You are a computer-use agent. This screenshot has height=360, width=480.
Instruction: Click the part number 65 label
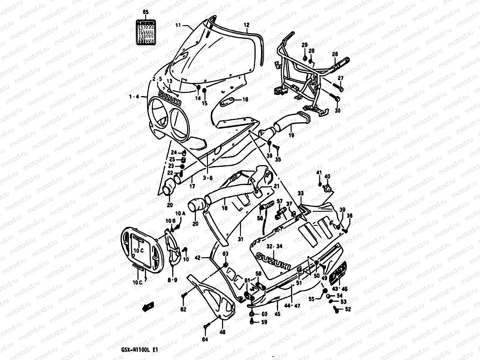(145, 12)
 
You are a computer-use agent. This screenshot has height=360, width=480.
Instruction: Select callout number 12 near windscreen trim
(246, 25)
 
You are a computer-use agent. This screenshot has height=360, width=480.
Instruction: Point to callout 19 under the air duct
(291, 135)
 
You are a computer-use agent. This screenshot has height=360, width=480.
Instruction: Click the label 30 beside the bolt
(337, 110)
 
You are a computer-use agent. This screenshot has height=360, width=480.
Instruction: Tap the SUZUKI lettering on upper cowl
(170, 97)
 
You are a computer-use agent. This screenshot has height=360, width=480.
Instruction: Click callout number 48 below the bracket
(222, 332)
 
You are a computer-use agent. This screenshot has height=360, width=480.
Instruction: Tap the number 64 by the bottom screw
(205, 340)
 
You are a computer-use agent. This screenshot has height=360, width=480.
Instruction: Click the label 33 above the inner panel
(301, 193)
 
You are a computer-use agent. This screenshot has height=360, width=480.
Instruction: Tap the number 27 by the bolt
(340, 78)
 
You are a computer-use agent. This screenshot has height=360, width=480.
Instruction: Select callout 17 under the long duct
(192, 186)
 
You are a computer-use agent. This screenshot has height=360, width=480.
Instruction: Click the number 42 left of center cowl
(197, 257)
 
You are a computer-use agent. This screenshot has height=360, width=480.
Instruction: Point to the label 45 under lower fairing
(277, 314)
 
